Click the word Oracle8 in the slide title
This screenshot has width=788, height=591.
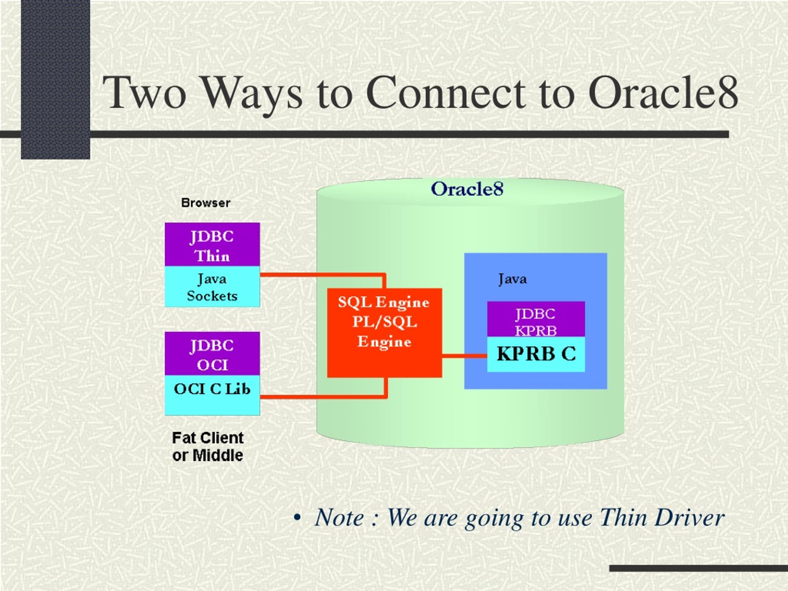(663, 92)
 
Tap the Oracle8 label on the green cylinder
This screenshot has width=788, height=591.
(467, 189)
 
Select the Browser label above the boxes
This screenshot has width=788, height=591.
(206, 203)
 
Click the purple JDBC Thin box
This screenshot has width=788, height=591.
(212, 244)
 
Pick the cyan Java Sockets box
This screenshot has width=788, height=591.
(212, 286)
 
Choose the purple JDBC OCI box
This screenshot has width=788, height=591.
(212, 353)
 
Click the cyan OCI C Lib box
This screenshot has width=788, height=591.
(212, 395)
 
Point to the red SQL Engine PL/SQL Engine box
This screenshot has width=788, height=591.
(384, 333)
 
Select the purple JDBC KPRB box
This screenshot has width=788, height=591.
(536, 319)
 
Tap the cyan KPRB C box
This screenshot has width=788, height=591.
(536, 354)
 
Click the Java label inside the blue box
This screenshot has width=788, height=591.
(512, 279)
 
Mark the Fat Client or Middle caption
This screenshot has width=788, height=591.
(208, 447)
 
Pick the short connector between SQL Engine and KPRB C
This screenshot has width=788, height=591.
(464, 356)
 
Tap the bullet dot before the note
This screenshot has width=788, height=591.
(297, 518)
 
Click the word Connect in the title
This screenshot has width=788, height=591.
(446, 92)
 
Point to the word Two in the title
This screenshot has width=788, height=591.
(145, 92)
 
